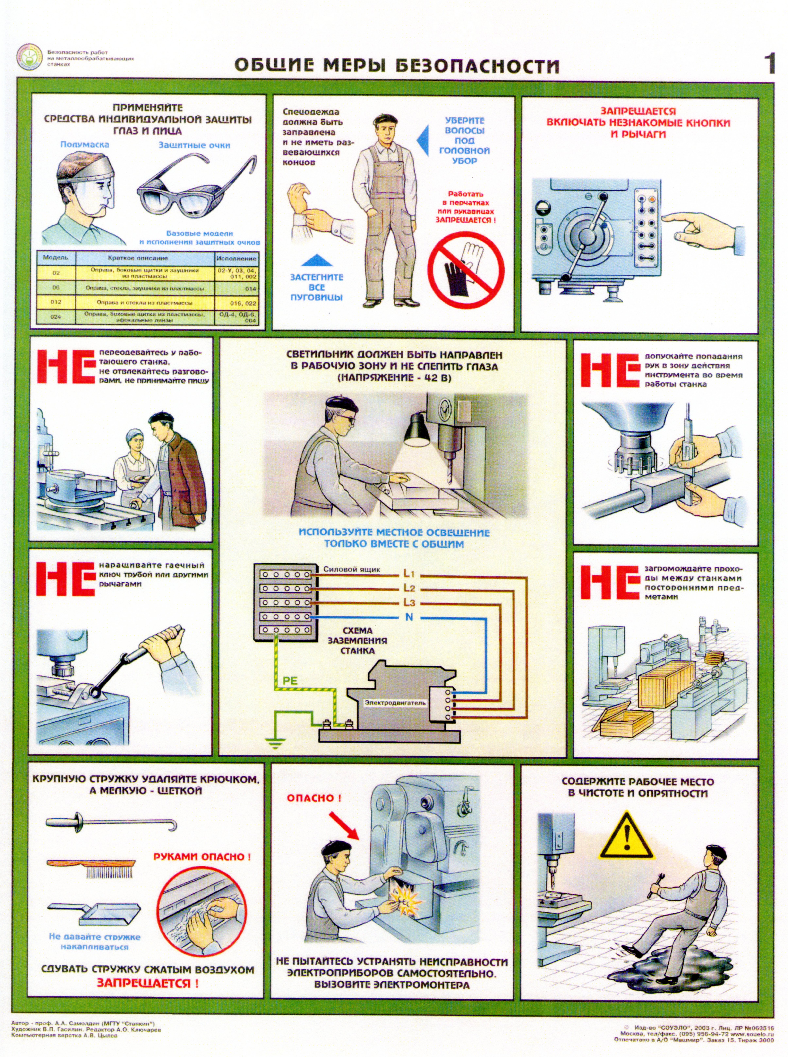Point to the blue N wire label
pyautogui.click(x=409, y=617)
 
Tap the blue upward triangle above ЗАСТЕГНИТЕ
pyautogui.click(x=317, y=260)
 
